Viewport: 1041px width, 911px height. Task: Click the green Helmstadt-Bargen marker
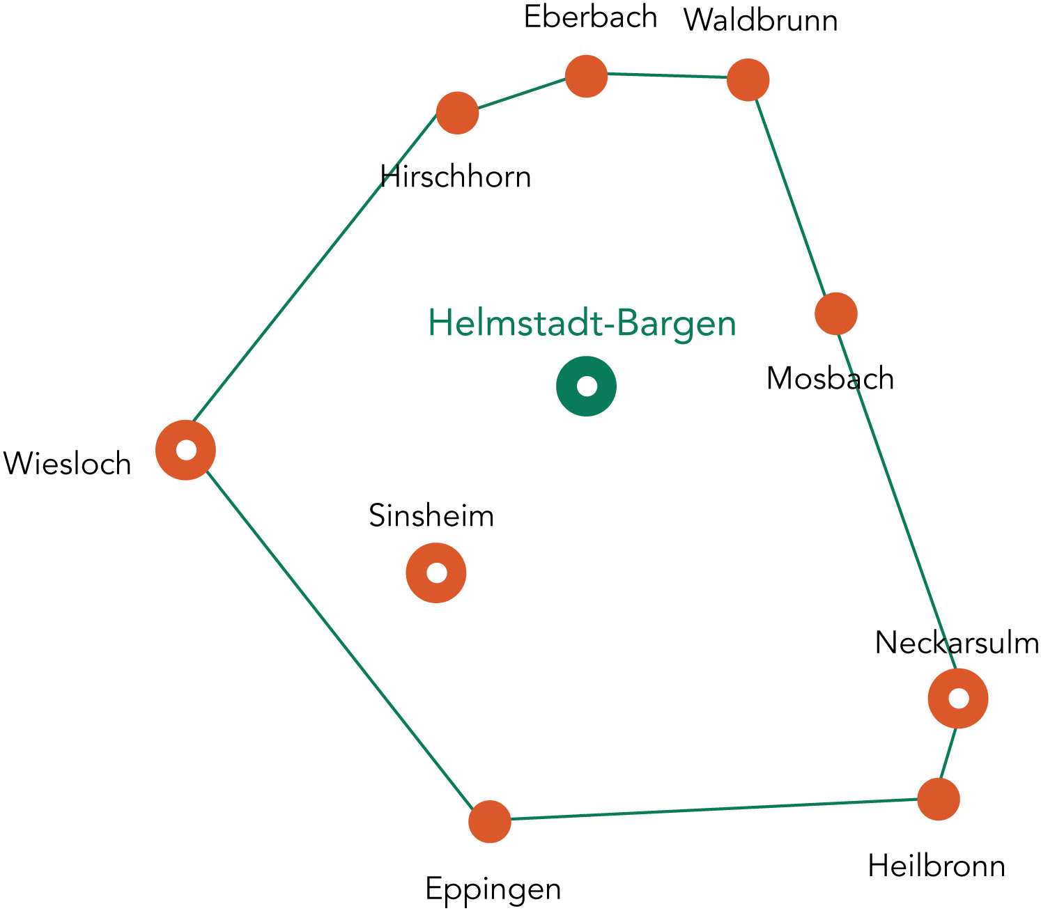point(586,386)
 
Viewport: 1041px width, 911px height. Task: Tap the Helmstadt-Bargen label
point(582,323)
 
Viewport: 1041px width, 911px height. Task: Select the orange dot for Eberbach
point(586,76)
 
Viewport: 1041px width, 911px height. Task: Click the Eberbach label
point(590,17)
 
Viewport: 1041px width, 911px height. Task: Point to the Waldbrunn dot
point(748,80)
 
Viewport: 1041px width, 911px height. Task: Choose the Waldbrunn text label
point(760,21)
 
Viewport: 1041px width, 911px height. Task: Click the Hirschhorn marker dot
point(457,112)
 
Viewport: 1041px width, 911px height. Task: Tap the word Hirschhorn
point(456,177)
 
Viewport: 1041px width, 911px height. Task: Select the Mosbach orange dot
point(835,313)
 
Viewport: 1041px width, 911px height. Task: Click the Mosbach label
point(830,379)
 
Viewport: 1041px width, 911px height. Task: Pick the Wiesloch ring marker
point(185,450)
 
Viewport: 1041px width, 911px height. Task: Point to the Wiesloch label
point(68,464)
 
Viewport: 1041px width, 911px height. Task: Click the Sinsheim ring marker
point(436,573)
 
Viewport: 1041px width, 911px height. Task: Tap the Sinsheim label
point(431,516)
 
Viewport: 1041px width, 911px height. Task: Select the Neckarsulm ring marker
point(958,699)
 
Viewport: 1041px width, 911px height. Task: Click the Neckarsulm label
point(957,643)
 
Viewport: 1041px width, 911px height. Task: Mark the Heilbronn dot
point(939,799)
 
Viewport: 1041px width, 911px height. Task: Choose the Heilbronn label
point(936,867)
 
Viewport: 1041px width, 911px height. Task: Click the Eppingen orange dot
point(490,821)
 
